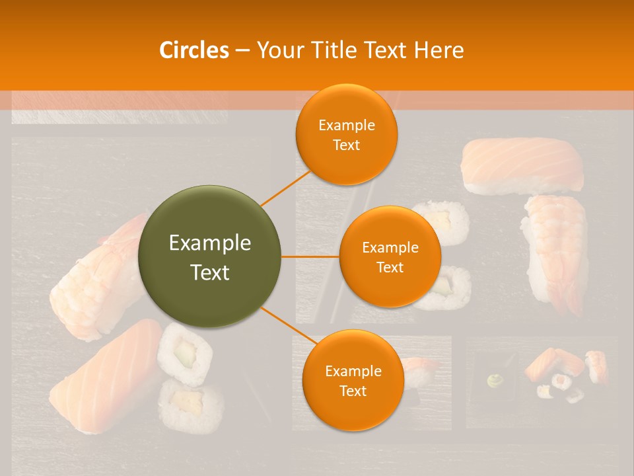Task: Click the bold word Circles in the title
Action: coord(194,50)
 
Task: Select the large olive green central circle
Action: coord(210,257)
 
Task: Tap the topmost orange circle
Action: coord(347,134)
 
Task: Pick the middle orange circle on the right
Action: coord(390,257)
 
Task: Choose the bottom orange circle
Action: coord(353,380)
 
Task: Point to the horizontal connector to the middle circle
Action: coord(310,257)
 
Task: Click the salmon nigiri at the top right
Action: coord(522,164)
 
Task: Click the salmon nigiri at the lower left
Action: coord(106,377)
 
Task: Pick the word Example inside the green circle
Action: coord(210,243)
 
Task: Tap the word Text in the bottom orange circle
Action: coord(353,391)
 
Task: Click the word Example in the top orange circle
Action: coord(347,125)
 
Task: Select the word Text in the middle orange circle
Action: coord(390,267)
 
